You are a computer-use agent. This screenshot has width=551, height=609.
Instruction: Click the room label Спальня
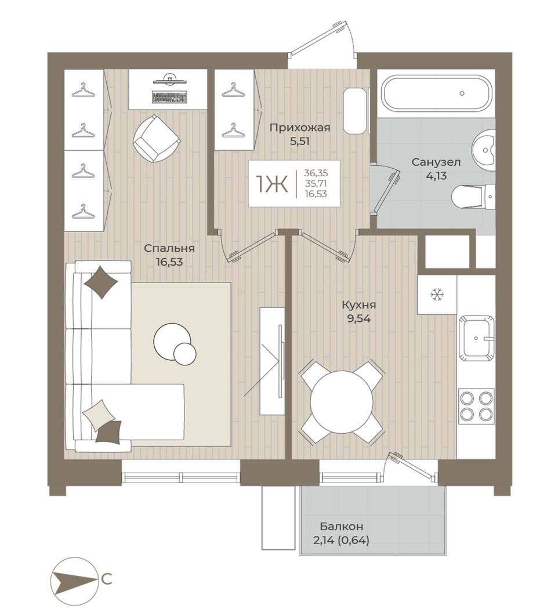point(169,248)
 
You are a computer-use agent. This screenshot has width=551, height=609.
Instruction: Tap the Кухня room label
point(359,305)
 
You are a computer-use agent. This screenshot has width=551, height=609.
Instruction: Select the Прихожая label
point(299,128)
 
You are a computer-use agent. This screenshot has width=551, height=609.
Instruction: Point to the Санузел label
point(436,162)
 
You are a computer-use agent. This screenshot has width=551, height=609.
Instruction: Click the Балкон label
point(342,527)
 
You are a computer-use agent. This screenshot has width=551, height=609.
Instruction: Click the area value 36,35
point(316,173)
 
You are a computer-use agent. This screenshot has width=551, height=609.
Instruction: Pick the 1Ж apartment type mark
point(271,183)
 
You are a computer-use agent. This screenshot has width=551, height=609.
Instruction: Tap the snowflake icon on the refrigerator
point(437,295)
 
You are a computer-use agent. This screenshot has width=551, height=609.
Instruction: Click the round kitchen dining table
point(342,403)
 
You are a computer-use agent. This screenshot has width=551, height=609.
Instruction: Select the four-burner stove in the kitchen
point(476,407)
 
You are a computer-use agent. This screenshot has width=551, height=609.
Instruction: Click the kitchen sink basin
point(476,338)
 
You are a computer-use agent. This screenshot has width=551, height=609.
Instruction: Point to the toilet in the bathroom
point(474,197)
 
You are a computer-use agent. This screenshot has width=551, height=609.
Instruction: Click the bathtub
point(438,93)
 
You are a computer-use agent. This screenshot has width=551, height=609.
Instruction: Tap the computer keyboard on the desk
point(170,97)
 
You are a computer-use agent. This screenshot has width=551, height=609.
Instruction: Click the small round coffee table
point(185,353)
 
